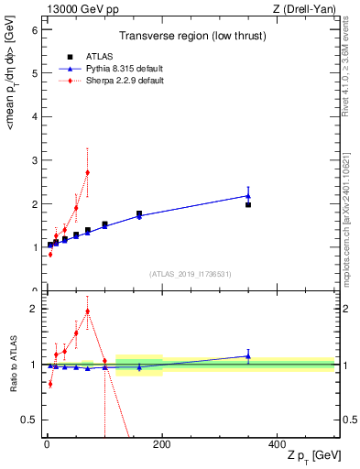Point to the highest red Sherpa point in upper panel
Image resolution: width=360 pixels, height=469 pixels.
[87, 172]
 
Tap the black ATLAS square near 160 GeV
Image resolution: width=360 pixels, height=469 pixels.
[139, 213]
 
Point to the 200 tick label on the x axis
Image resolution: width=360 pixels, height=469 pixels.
[162, 443]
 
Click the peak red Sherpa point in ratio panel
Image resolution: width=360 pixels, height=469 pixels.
[87, 311]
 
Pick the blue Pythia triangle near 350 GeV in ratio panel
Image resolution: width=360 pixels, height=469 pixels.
[248, 356]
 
